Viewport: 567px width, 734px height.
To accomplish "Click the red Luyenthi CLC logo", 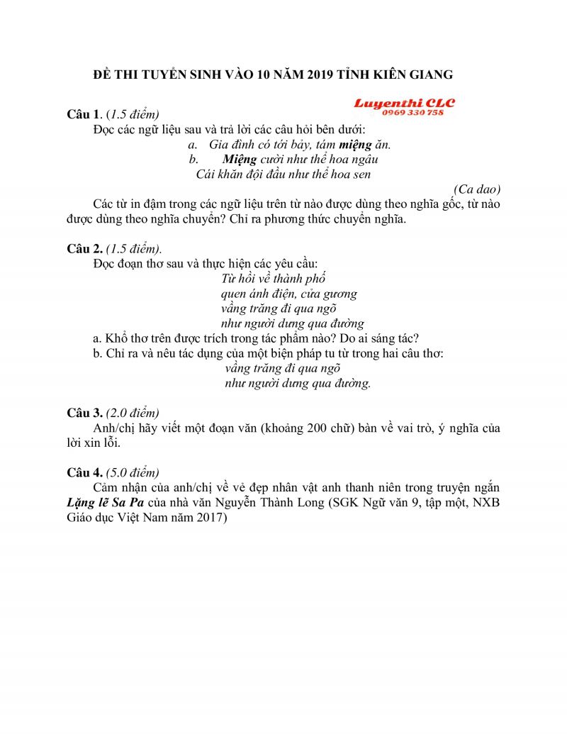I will [405, 104].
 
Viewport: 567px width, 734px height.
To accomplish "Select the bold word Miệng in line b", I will [239, 159].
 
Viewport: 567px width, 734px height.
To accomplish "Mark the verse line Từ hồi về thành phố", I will [274, 278].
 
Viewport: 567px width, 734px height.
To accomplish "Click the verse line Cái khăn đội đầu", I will [283, 174].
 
